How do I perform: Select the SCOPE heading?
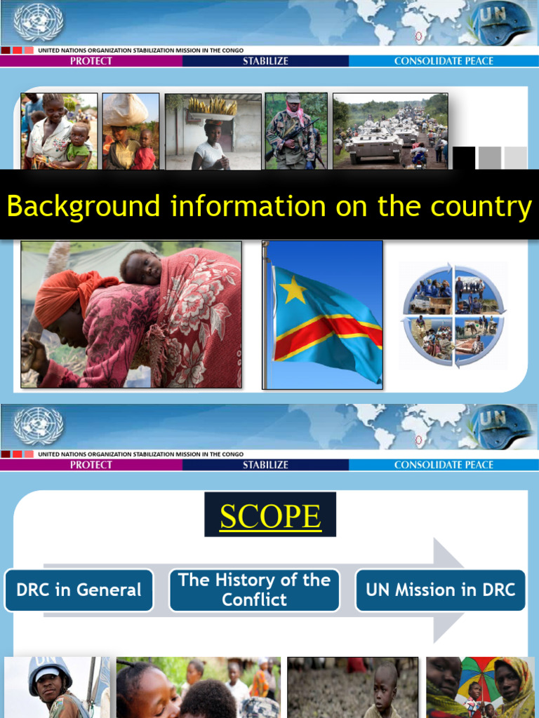(270, 516)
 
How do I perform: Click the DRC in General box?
(79, 590)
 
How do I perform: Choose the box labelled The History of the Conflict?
(254, 590)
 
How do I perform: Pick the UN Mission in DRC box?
(440, 590)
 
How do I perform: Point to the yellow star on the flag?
(293, 289)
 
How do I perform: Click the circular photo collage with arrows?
(454, 316)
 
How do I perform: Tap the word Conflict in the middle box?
(254, 600)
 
